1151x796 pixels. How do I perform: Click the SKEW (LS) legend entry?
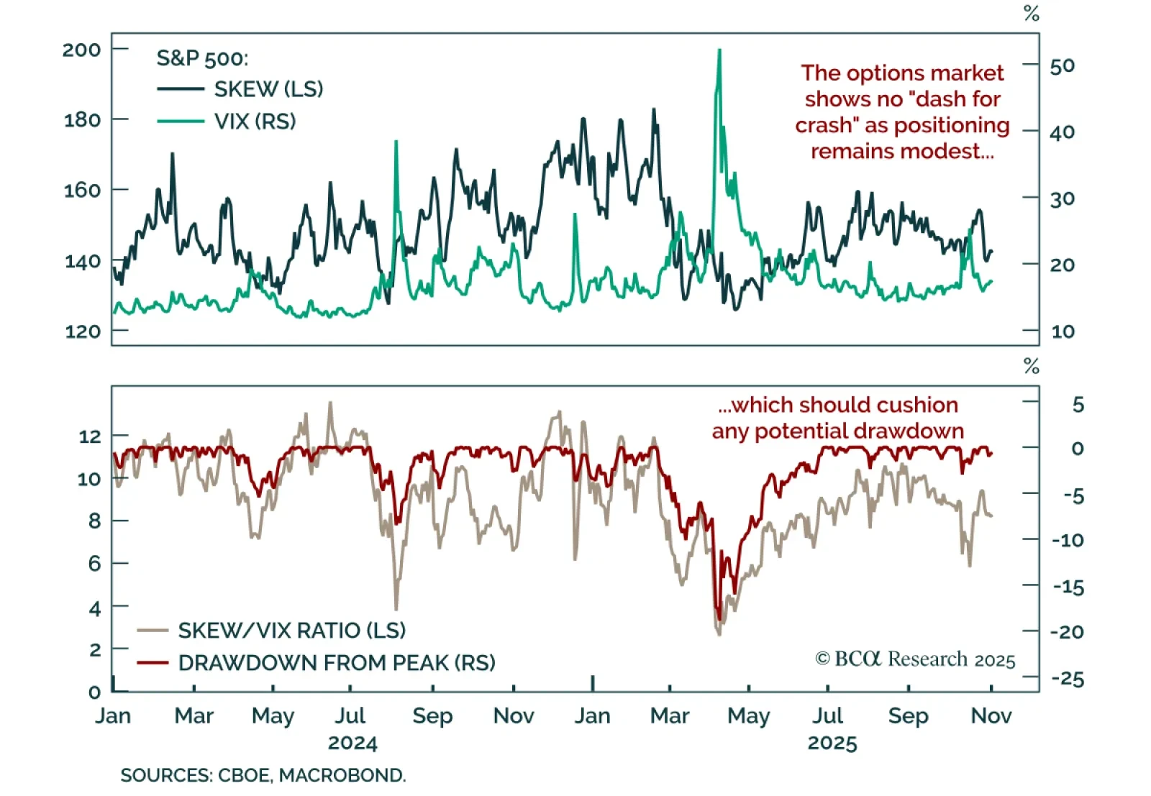(x=268, y=89)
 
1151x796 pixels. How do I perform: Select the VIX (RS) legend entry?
(x=255, y=121)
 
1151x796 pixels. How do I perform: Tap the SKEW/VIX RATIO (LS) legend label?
(x=291, y=631)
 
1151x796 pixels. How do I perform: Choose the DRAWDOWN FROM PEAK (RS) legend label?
(x=337, y=662)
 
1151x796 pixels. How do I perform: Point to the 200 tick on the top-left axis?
(x=81, y=50)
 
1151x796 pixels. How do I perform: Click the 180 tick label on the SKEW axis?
(x=82, y=119)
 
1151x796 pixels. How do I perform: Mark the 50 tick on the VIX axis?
(x=1062, y=66)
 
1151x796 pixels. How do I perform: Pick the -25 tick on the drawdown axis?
(x=1068, y=679)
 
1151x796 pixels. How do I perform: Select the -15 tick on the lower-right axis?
(x=1068, y=587)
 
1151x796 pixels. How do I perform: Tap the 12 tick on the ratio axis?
(x=90, y=436)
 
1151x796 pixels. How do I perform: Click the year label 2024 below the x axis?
(x=352, y=743)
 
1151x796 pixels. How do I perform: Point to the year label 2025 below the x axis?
(x=832, y=743)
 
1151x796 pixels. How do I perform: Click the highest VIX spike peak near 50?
(x=719, y=50)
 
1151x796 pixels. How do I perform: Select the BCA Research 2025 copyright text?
(x=915, y=659)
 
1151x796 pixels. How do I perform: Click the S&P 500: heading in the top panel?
(x=202, y=58)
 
